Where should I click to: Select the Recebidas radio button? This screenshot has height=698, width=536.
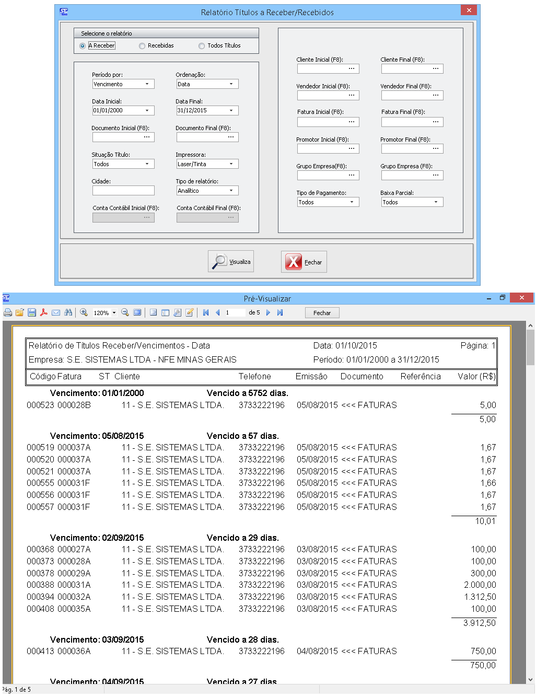coord(142,46)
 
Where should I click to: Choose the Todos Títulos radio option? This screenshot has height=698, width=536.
coord(202,46)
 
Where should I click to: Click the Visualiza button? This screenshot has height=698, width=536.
coord(231,262)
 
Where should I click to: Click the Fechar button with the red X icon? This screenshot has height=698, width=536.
coord(304,262)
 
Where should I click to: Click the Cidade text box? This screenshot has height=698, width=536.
coord(123,191)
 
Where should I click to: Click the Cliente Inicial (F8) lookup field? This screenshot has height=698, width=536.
coord(328,69)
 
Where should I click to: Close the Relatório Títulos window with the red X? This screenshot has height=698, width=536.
coord(469,10)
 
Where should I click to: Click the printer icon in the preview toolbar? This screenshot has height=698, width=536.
coord(8,312)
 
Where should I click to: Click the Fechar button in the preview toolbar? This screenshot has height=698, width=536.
coord(322,312)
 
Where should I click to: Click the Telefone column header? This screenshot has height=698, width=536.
coord(255,377)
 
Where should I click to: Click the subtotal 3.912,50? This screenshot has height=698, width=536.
coord(479,623)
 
